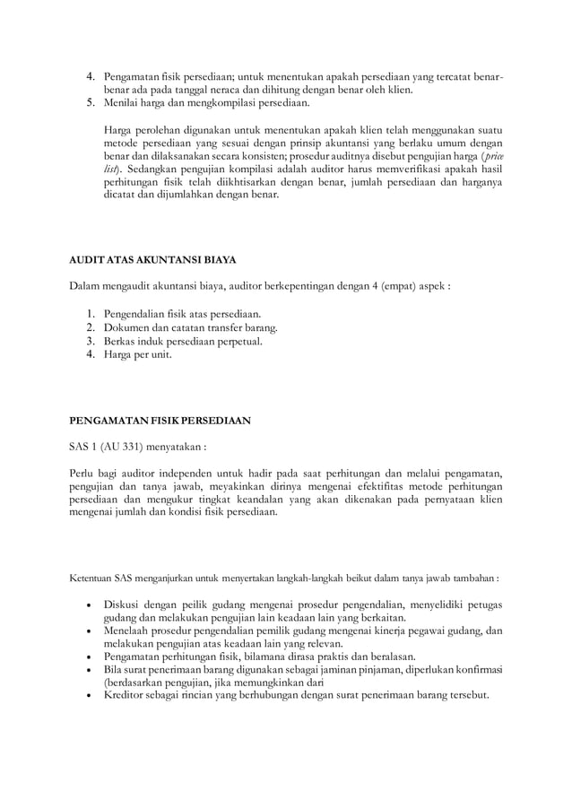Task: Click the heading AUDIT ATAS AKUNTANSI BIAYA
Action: pos(152,260)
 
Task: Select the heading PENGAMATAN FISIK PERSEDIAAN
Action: pos(160,419)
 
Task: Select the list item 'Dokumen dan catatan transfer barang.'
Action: pos(190,327)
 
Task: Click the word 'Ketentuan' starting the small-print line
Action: pos(93,578)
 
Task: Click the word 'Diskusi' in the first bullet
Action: pos(123,604)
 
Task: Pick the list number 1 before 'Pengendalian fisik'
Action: pos(91,315)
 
